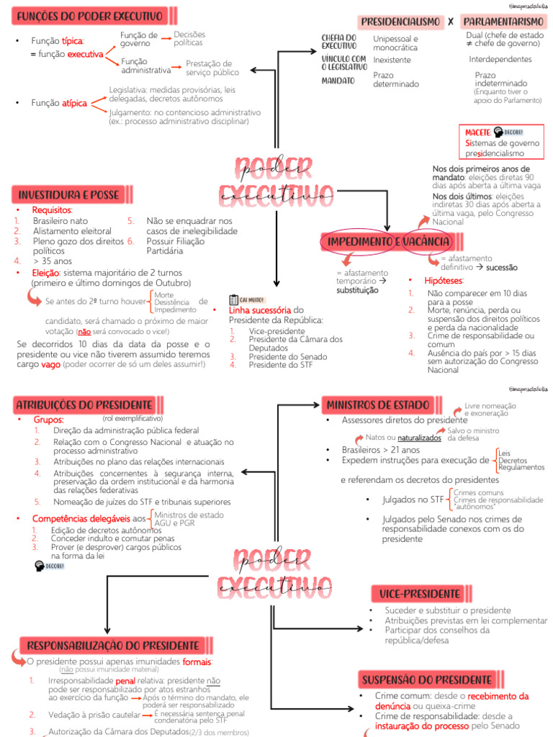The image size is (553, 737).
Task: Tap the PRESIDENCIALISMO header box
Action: tap(400, 22)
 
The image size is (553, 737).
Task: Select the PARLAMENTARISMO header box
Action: tap(503, 22)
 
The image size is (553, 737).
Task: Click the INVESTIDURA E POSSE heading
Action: tap(68, 194)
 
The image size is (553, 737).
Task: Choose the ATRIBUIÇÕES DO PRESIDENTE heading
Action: tap(84, 404)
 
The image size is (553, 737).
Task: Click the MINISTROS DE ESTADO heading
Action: tap(378, 404)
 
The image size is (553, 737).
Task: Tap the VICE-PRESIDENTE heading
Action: tap(416, 594)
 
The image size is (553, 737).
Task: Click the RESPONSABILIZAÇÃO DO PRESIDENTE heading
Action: tap(113, 646)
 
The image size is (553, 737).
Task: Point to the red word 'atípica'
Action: tap(75, 104)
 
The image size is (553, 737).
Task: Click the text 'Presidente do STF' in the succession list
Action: tap(282, 365)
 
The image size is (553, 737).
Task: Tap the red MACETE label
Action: tap(477, 132)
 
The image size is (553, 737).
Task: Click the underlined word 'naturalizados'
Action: tap(419, 437)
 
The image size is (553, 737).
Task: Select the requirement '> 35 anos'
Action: tap(48, 261)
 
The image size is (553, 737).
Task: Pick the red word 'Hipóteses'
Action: tap(444, 280)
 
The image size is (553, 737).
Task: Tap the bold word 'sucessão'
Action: tap(502, 267)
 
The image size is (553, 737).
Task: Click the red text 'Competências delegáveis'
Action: tap(81, 518)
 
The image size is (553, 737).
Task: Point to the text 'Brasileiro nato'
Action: tap(60, 221)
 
